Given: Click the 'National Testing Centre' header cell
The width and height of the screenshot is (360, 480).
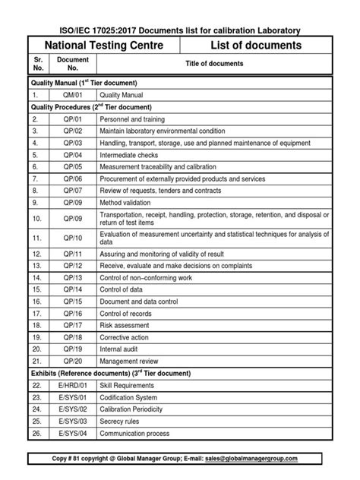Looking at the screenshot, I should tap(103, 46).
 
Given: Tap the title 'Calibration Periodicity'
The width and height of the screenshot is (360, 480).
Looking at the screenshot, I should tap(137, 409).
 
